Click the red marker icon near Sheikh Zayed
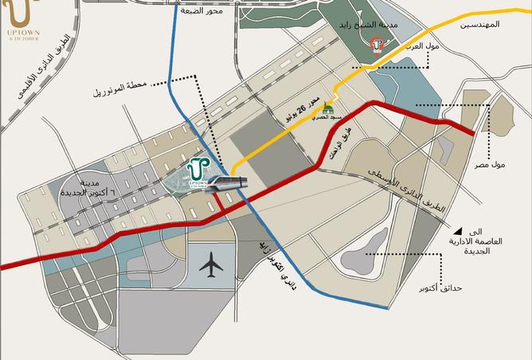[378, 46]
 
